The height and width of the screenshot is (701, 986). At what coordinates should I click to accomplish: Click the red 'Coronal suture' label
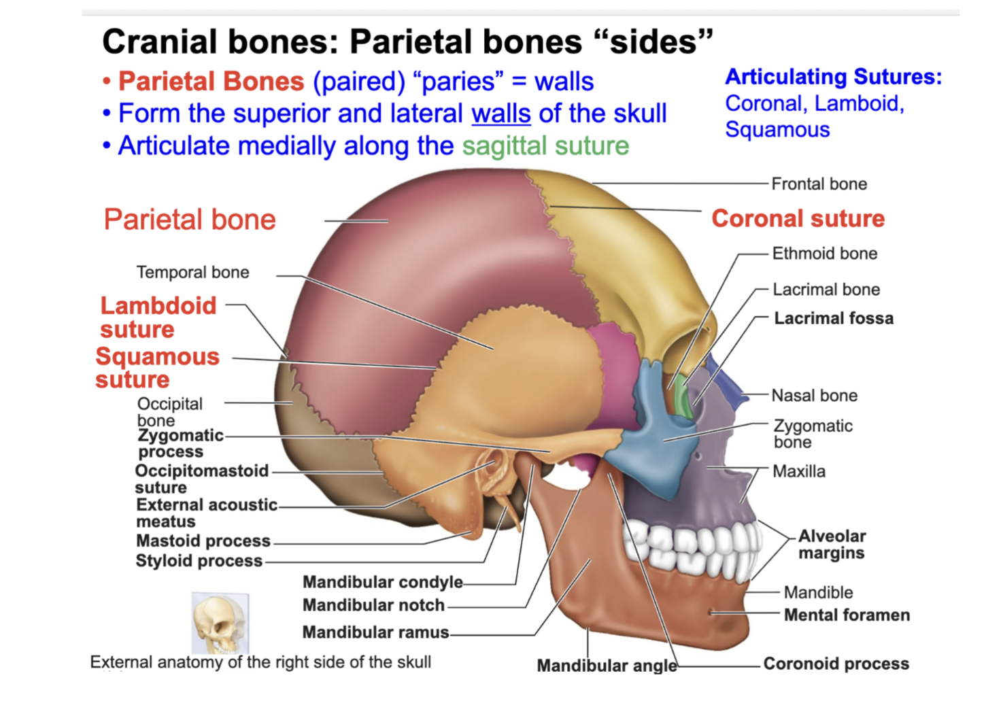(x=798, y=218)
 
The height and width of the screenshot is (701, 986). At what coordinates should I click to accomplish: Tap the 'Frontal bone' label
(x=819, y=184)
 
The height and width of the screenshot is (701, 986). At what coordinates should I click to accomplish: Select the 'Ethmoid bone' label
(x=824, y=254)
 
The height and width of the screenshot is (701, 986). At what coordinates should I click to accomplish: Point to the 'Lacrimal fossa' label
(x=834, y=318)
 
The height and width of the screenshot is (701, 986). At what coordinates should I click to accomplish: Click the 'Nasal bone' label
(x=814, y=395)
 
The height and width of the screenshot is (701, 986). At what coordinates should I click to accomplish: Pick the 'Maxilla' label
(x=799, y=471)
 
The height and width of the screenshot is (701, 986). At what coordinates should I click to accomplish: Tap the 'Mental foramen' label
(x=847, y=615)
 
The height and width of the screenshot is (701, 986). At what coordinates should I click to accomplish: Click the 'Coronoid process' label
(x=836, y=663)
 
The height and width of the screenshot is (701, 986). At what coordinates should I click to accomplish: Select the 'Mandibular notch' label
(x=373, y=605)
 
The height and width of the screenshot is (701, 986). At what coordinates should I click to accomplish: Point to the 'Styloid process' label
(x=199, y=560)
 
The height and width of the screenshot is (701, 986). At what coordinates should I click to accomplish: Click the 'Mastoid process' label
(x=203, y=541)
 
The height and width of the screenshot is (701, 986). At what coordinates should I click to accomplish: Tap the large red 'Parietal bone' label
(x=190, y=220)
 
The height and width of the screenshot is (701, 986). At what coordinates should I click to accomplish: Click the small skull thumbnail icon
(x=220, y=622)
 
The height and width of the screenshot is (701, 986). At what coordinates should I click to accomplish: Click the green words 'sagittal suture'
(x=545, y=146)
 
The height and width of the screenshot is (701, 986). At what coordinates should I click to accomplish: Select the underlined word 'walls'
(x=501, y=114)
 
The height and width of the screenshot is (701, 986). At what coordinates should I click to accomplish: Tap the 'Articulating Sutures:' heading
(x=833, y=77)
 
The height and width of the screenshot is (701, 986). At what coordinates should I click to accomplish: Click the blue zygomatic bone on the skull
(x=656, y=435)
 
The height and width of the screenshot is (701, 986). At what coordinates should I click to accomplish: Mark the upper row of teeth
(x=687, y=537)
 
